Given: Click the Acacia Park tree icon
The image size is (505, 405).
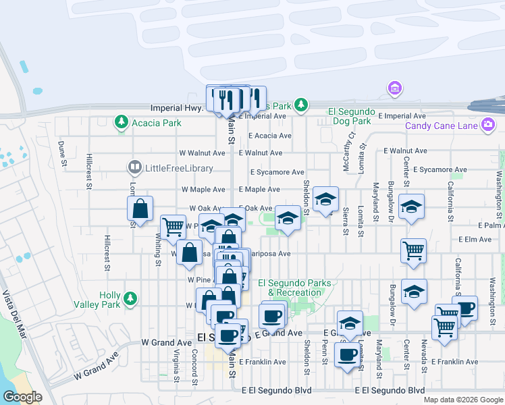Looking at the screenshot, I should tap(122, 122).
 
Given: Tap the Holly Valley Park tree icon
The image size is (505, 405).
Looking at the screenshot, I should tap(129, 298).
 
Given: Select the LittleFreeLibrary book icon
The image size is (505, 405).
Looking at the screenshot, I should tap(135, 167).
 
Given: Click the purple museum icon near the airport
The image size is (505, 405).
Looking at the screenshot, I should tap(394, 88).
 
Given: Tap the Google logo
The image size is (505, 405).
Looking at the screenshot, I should tap(22, 397).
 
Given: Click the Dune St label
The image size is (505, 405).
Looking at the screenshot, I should tap(63, 154).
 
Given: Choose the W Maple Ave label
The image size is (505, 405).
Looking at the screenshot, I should tap(202, 190).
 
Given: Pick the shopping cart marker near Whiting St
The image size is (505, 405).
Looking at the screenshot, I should tap(174, 227).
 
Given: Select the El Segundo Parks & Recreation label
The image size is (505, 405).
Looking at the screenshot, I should tap(294, 288).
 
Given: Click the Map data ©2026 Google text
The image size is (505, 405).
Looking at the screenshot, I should tap(462, 399).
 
